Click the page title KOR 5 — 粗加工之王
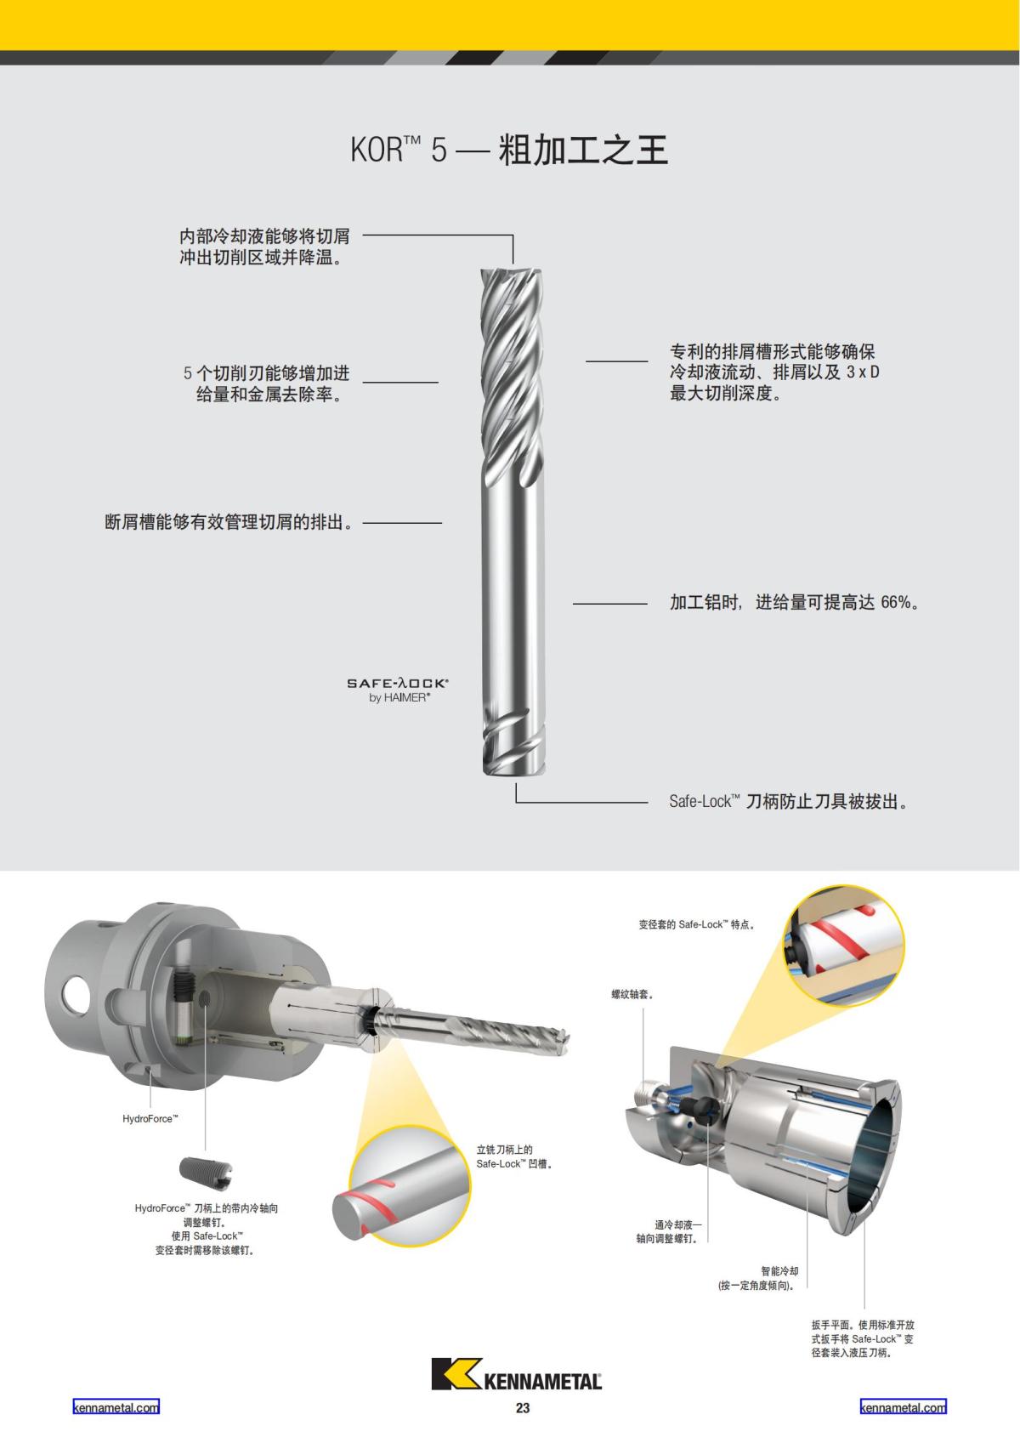pyautogui.click(x=509, y=150)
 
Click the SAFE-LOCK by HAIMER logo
pyautogui.click(x=398, y=690)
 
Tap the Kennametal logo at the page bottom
pyautogui.click(x=516, y=1373)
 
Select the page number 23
pyautogui.click(x=522, y=1408)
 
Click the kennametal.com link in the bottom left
pyautogui.click(x=116, y=1407)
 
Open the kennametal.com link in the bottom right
pyautogui.click(x=903, y=1407)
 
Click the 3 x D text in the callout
pyautogui.click(x=863, y=372)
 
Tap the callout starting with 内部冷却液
pyautogui.click(x=264, y=247)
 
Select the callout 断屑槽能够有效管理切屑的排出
pyautogui.click(x=229, y=522)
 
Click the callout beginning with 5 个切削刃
pyautogui.click(x=267, y=383)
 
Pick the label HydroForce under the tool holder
pyautogui.click(x=150, y=1118)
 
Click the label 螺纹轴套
pyautogui.click(x=632, y=993)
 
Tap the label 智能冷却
pyautogui.click(x=779, y=1271)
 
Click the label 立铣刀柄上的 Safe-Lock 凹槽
pyautogui.click(x=513, y=1156)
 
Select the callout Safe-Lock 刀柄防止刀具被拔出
pyautogui.click(x=788, y=801)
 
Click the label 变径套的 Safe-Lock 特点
pyautogui.click(x=697, y=924)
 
